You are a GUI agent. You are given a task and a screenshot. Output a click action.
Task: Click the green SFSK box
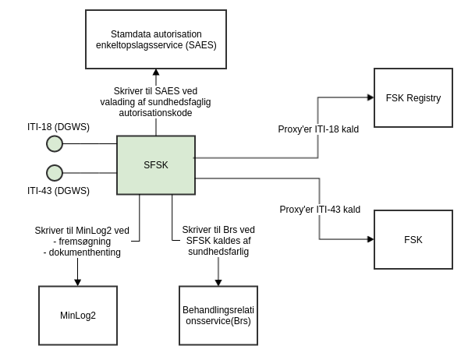(x=156, y=165)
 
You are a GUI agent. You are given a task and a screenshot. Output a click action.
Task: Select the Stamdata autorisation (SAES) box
(x=156, y=39)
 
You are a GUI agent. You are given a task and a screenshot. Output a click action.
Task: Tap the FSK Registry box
(x=413, y=98)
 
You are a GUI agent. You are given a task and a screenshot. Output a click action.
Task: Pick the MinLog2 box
(x=78, y=316)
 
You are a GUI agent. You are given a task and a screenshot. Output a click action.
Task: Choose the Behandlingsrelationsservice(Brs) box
(x=218, y=316)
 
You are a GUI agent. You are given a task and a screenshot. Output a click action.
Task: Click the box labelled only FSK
(x=413, y=239)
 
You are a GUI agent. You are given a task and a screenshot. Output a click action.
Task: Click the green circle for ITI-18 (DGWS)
(x=55, y=143)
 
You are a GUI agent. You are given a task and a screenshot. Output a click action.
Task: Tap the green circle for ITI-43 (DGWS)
(x=55, y=173)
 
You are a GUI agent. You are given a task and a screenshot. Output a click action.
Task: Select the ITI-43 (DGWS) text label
(x=58, y=191)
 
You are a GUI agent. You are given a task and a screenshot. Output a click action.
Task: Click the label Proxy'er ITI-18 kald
(x=318, y=129)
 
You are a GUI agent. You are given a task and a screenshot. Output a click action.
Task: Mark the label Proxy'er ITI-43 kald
(x=320, y=210)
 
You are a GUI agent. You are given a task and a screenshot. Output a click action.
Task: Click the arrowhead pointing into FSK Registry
(x=370, y=97)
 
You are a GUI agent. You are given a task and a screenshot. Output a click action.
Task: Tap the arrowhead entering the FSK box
(x=370, y=239)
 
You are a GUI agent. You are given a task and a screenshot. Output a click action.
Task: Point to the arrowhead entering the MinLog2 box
(x=78, y=282)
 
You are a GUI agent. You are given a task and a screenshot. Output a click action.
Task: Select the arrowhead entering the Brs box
(x=218, y=282)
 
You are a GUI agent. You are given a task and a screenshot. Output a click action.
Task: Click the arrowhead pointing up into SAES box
(x=156, y=72)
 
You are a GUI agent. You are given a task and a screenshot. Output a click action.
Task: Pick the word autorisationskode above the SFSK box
(x=156, y=113)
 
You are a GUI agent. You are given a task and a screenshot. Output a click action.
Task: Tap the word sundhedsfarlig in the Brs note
(x=218, y=252)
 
